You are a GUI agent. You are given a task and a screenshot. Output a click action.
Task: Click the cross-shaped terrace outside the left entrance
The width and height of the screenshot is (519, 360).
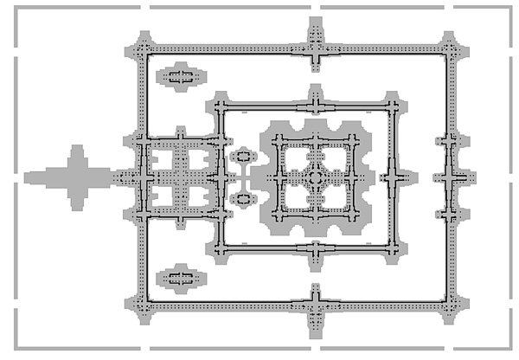[76, 177]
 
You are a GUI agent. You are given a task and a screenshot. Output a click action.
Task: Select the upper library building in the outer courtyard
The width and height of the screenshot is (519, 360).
[181, 77]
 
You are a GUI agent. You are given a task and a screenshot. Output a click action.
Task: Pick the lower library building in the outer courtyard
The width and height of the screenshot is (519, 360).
[181, 278]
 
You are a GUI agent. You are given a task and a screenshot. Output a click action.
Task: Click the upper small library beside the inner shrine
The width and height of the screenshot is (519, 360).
[243, 157]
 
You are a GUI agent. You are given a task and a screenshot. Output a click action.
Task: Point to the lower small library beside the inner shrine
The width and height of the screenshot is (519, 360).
[243, 199]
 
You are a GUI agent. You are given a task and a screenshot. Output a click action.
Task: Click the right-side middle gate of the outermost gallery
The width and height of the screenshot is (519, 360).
[449, 177]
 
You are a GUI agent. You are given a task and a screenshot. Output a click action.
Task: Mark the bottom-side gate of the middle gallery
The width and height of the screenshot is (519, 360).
[315, 250]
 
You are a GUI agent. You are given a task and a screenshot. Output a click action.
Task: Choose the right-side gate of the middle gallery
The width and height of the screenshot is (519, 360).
[394, 177]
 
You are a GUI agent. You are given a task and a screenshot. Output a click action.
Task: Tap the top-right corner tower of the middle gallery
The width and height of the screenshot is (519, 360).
[394, 107]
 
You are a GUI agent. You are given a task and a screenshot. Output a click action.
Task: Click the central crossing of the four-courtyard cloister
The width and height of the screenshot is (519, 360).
[180, 177]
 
